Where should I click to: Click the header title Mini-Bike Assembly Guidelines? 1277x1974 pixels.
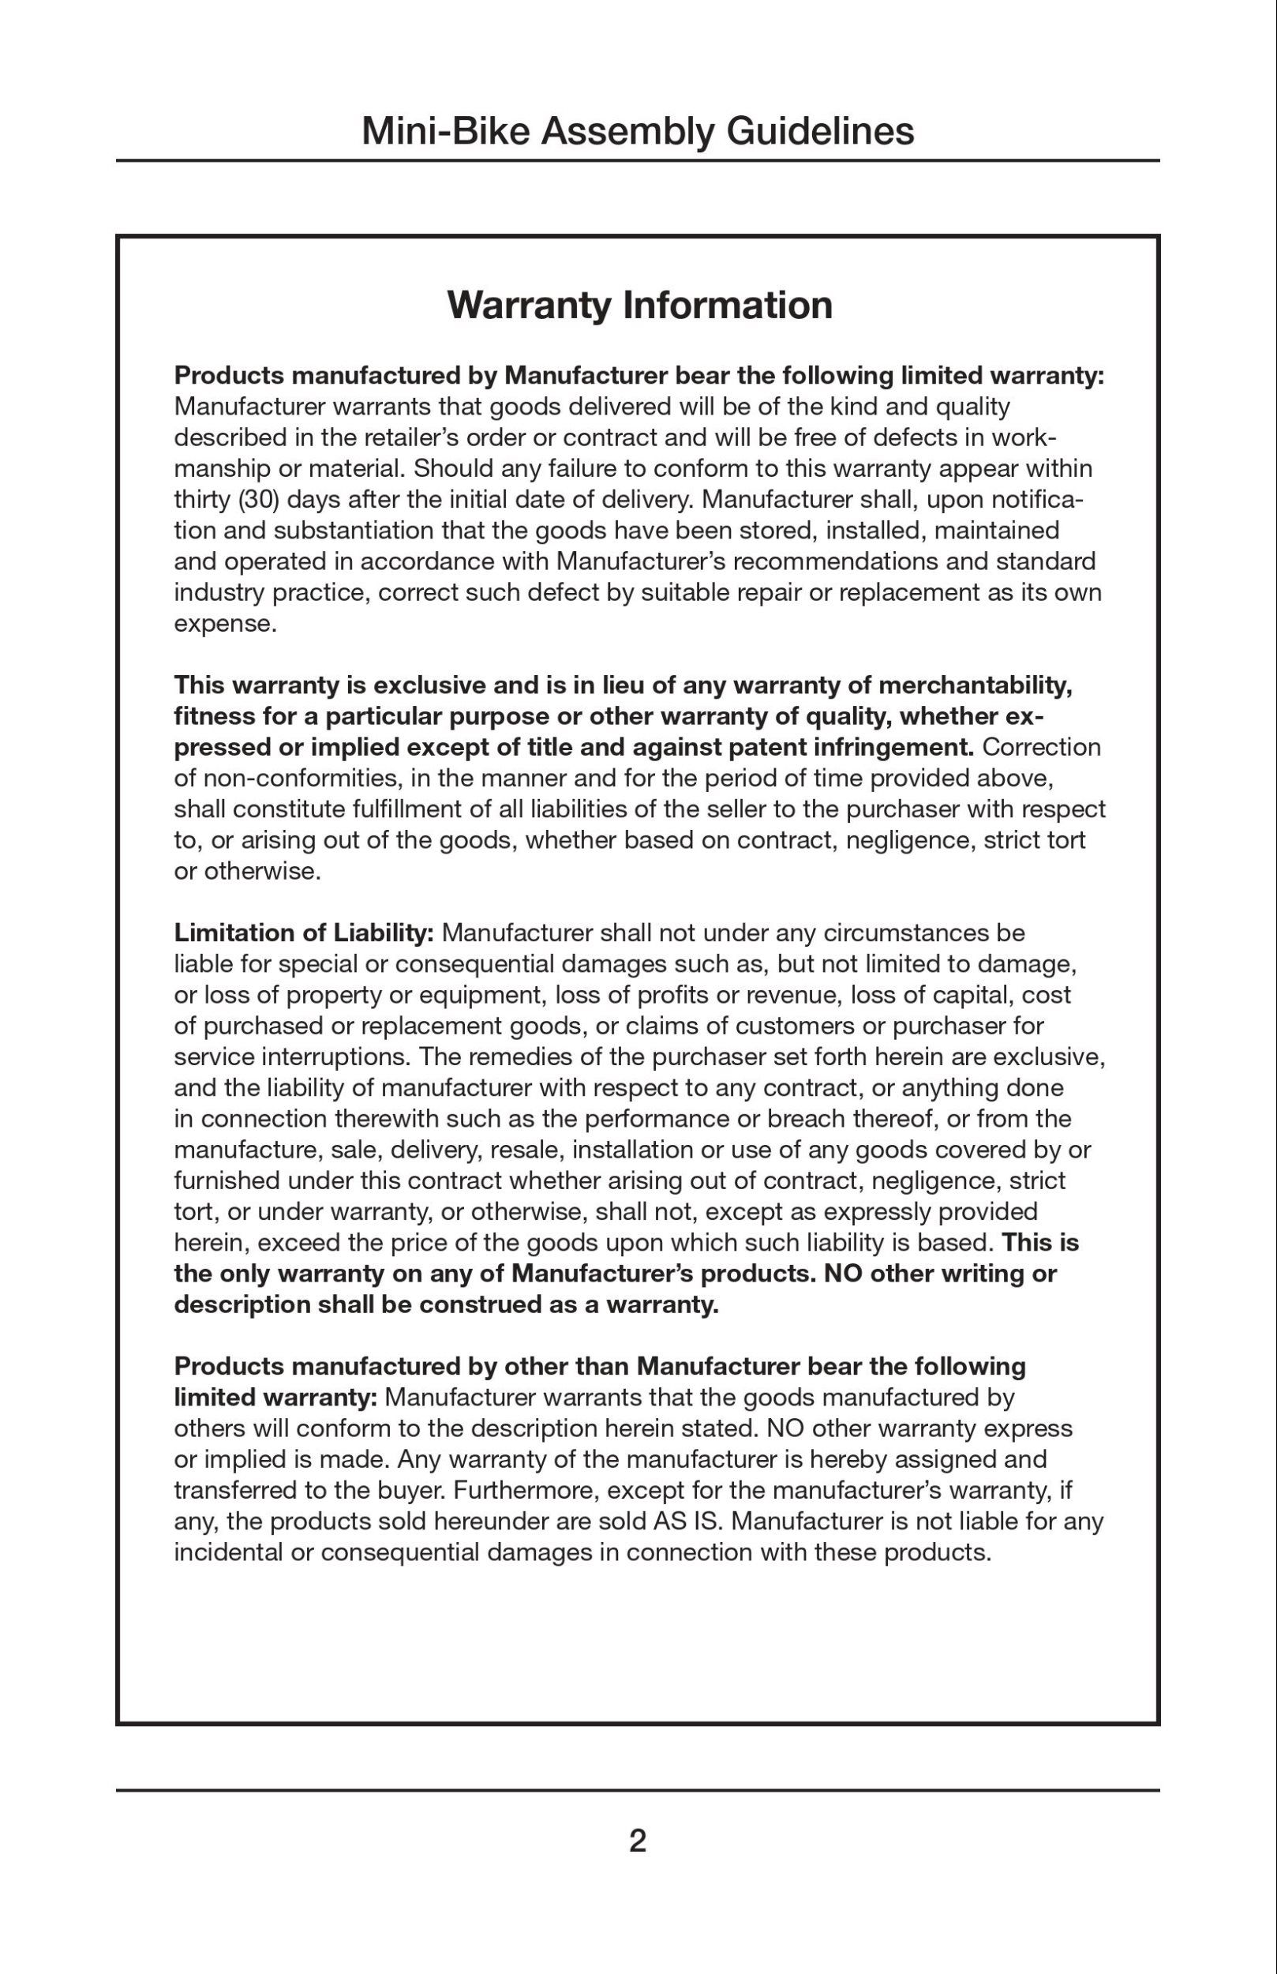(638, 131)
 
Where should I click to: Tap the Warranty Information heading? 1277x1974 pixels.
(639, 305)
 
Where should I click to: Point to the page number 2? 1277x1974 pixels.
(638, 1841)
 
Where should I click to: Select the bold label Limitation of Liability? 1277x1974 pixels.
(304, 933)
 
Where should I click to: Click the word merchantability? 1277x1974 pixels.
(976, 686)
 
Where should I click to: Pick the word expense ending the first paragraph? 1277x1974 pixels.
(223, 624)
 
